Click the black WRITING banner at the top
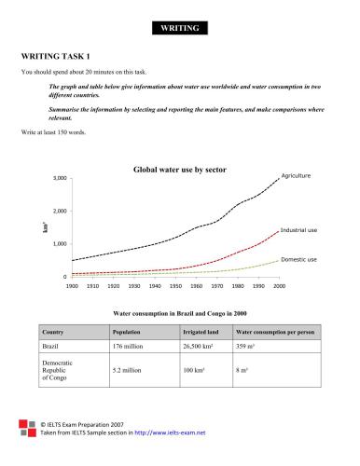180,29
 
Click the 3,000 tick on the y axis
59,178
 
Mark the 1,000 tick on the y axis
59,244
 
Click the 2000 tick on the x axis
278,286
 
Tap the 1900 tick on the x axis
71,286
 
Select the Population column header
126,331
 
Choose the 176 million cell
130,347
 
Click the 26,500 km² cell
193,347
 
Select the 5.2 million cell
129,369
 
